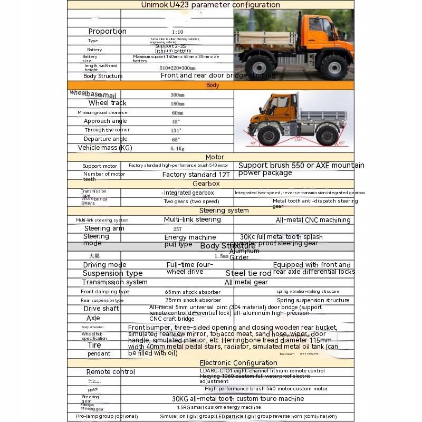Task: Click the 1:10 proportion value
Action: (177, 32)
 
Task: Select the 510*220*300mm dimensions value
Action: (177, 68)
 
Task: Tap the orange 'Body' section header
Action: (213, 85)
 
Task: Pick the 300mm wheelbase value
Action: (177, 95)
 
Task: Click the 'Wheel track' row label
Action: (107, 103)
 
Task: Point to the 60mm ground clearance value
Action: (177, 112)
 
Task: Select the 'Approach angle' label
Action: (105, 121)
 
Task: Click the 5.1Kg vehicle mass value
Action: (177, 148)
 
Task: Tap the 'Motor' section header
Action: (215, 157)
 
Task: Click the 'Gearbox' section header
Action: (206, 184)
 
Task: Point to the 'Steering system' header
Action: (224, 210)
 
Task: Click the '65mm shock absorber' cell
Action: (193, 291)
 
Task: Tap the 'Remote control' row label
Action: (111, 372)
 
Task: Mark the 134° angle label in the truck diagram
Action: (298, 140)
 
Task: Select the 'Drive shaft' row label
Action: (101, 309)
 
